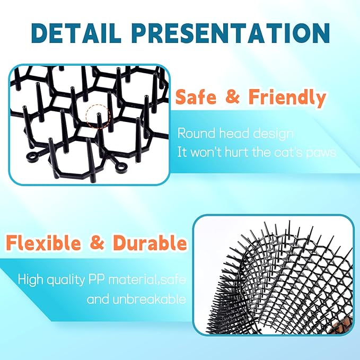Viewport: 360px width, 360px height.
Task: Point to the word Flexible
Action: pos(43,244)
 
